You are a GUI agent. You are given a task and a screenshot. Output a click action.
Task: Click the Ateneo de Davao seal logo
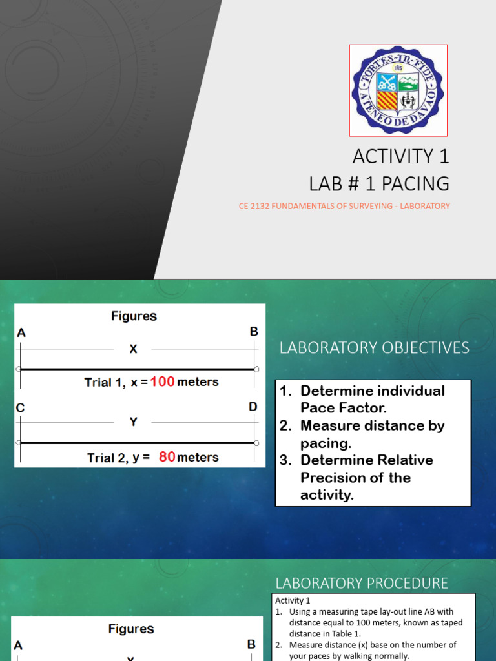pyautogui.click(x=398, y=90)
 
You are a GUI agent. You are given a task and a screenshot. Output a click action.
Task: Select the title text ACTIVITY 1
pyautogui.click(x=400, y=156)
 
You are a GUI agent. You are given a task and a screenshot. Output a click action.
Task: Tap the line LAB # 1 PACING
pyautogui.click(x=379, y=183)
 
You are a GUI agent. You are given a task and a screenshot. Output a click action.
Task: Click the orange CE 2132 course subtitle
pyautogui.click(x=344, y=207)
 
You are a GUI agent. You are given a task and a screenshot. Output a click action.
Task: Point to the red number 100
pyautogui.click(x=163, y=381)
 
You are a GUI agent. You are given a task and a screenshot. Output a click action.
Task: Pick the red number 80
pyautogui.click(x=167, y=457)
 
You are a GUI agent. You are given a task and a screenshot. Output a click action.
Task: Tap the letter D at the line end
pyautogui.click(x=253, y=407)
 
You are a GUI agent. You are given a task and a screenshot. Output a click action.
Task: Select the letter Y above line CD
pyautogui.click(x=133, y=422)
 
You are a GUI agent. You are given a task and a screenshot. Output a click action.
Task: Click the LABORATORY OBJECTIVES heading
pyautogui.click(x=374, y=348)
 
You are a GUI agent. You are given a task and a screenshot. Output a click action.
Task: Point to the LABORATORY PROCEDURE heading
pyautogui.click(x=362, y=584)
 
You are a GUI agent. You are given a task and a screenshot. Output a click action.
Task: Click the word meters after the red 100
pyautogui.click(x=198, y=381)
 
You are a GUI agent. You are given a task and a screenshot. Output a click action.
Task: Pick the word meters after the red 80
pyautogui.click(x=198, y=457)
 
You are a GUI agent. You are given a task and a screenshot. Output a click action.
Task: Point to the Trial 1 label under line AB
pyautogui.click(x=105, y=382)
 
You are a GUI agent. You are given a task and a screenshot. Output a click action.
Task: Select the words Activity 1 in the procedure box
pyautogui.click(x=293, y=601)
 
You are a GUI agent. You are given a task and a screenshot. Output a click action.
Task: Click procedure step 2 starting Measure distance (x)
pyautogui.click(x=373, y=650)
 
